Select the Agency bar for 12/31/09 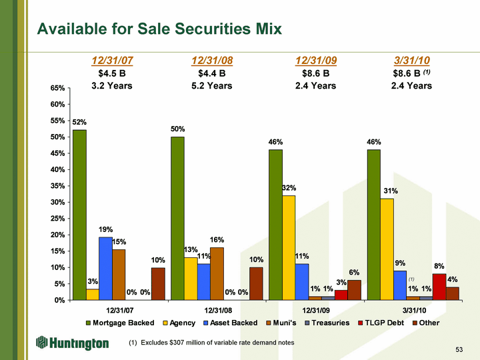point(289,247)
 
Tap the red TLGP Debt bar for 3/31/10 point(439,287)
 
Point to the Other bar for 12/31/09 point(354,290)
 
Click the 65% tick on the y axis point(57,88)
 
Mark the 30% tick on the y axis point(57,202)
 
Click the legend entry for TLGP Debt point(377,323)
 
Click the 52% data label point(79,122)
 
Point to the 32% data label point(289,188)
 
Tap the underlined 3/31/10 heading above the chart point(411,61)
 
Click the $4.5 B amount point(111,73)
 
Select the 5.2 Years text point(211,85)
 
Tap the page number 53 point(459,349)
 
